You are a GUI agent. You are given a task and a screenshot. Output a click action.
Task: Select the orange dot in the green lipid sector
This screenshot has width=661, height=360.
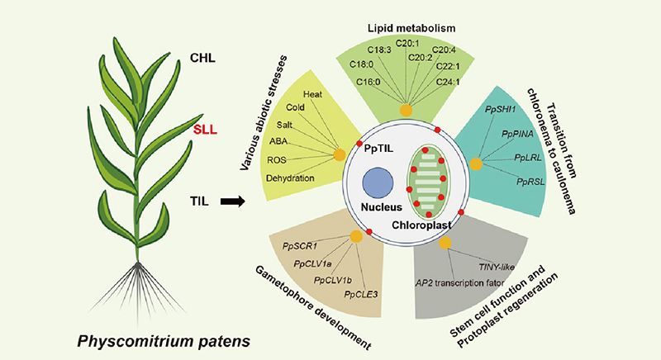coord(406,111)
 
